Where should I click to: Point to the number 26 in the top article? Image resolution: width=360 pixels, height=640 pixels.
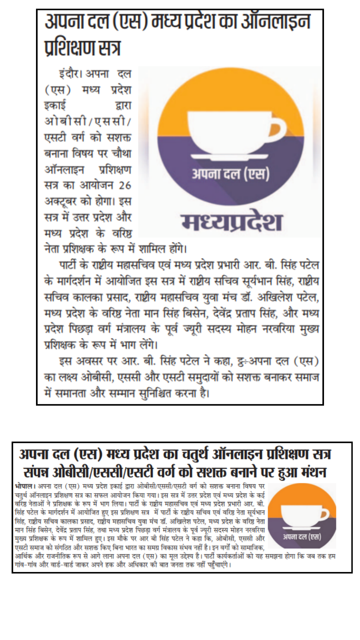(x=125, y=185)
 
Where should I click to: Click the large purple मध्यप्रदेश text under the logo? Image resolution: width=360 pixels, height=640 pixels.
(x=232, y=222)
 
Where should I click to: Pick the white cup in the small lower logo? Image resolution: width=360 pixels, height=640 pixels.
(x=302, y=514)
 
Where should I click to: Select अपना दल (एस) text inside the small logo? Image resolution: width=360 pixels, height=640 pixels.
(x=302, y=537)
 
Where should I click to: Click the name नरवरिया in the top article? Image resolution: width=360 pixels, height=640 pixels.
(x=278, y=329)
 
